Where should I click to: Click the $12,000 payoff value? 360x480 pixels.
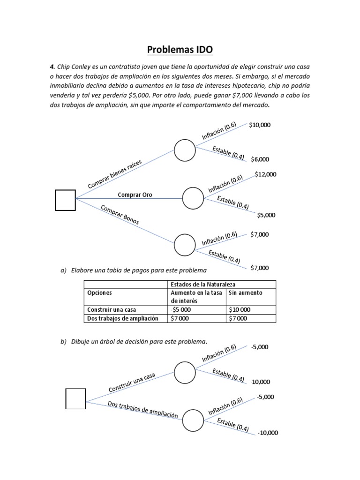click(x=265, y=174)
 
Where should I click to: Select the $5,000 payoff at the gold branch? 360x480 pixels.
click(x=266, y=215)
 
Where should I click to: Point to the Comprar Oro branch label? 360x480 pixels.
click(x=135, y=195)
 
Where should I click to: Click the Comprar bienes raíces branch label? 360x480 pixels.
click(x=115, y=174)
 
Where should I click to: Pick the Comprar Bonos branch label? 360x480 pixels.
click(x=120, y=214)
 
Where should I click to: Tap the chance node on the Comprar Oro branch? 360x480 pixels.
click(x=193, y=198)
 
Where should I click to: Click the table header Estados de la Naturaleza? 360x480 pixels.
click(x=202, y=284)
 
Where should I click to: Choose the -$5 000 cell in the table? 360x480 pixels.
click(x=181, y=310)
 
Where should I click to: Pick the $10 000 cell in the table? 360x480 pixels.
click(x=240, y=310)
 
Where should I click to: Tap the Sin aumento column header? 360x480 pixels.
click(x=245, y=292)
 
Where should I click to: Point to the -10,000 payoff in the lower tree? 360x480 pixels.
click(x=267, y=433)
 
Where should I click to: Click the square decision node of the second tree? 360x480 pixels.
click(x=75, y=398)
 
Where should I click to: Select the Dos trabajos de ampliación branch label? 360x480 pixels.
click(x=142, y=409)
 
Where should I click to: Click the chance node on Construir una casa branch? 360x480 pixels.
click(x=185, y=373)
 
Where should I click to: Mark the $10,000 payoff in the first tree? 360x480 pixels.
click(x=260, y=125)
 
